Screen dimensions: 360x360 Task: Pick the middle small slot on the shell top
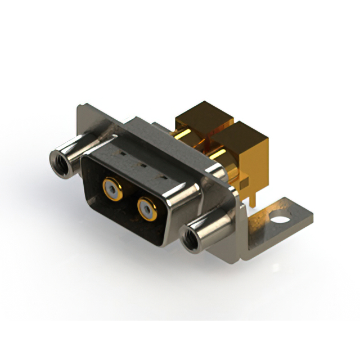point(142,165)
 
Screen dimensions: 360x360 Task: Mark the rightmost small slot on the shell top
point(164,177)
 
